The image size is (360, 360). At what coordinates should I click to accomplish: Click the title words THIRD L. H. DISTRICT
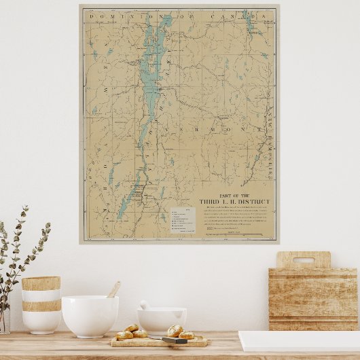pyautogui.click(x=234, y=202)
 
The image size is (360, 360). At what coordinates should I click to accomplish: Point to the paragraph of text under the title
pyautogui.click(x=234, y=217)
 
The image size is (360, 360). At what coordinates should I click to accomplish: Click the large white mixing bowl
pyautogui.click(x=90, y=316)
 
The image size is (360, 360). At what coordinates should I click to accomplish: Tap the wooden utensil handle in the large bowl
pyautogui.click(x=113, y=290)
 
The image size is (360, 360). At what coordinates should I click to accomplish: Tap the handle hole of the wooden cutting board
pyautogui.click(x=303, y=260)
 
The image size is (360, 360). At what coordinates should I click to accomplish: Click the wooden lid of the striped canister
pyautogui.click(x=41, y=283)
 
